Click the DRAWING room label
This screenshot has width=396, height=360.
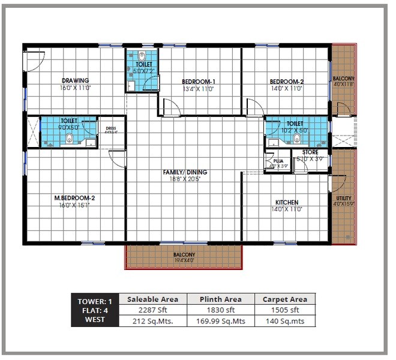tap(75, 80)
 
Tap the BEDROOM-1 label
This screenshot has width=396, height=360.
tap(199, 82)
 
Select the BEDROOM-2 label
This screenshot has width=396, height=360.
tap(286, 82)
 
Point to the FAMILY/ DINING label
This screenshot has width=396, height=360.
tap(185, 172)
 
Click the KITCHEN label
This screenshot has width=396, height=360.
tap(286, 202)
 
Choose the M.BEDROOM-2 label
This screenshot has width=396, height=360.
tap(75, 197)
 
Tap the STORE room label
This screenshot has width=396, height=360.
tap(310, 152)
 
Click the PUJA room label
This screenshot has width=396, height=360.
tap(278, 161)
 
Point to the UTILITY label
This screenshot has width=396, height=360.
tap(344, 199)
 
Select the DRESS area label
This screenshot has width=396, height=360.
tap(110, 128)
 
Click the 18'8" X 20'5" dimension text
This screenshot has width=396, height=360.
tap(185, 179)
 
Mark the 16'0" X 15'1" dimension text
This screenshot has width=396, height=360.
tap(75, 204)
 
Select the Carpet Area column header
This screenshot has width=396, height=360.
tap(285, 299)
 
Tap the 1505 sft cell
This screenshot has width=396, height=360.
tap(285, 310)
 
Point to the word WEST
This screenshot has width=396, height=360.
tap(94, 320)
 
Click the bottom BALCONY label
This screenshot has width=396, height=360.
tap(184, 254)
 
